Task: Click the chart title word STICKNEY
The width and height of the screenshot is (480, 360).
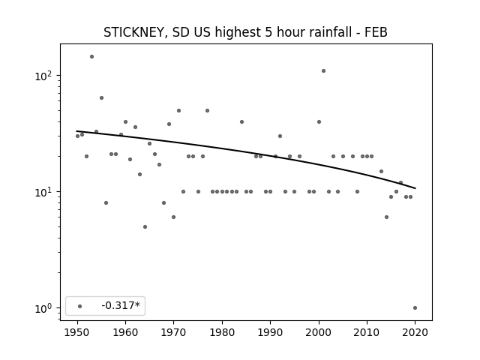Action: [x=135, y=32]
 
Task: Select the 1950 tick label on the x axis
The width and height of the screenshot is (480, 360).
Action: [x=77, y=332]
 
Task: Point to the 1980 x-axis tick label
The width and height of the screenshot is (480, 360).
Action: [x=222, y=332]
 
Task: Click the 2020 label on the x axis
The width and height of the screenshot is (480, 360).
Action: [x=415, y=332]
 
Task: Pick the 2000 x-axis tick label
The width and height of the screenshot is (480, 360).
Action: [x=319, y=332]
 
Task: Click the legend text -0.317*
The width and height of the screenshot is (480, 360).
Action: [x=121, y=305]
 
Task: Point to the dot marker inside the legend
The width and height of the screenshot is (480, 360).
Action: [x=80, y=306]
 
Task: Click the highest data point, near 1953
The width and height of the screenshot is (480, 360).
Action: [x=91, y=57]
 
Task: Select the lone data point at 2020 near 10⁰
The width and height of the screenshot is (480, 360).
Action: [x=415, y=308]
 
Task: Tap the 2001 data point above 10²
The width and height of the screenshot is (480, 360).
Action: [x=323, y=71]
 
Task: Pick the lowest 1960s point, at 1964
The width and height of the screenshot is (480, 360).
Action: [x=145, y=226]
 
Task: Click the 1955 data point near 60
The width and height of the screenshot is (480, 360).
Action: [x=102, y=98]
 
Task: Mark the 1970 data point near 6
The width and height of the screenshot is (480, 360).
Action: [x=173, y=217]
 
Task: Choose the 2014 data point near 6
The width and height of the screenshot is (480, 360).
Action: [x=387, y=217]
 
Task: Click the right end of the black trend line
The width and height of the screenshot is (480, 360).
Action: [x=415, y=188]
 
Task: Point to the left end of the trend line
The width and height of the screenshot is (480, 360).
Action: [x=76, y=131]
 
